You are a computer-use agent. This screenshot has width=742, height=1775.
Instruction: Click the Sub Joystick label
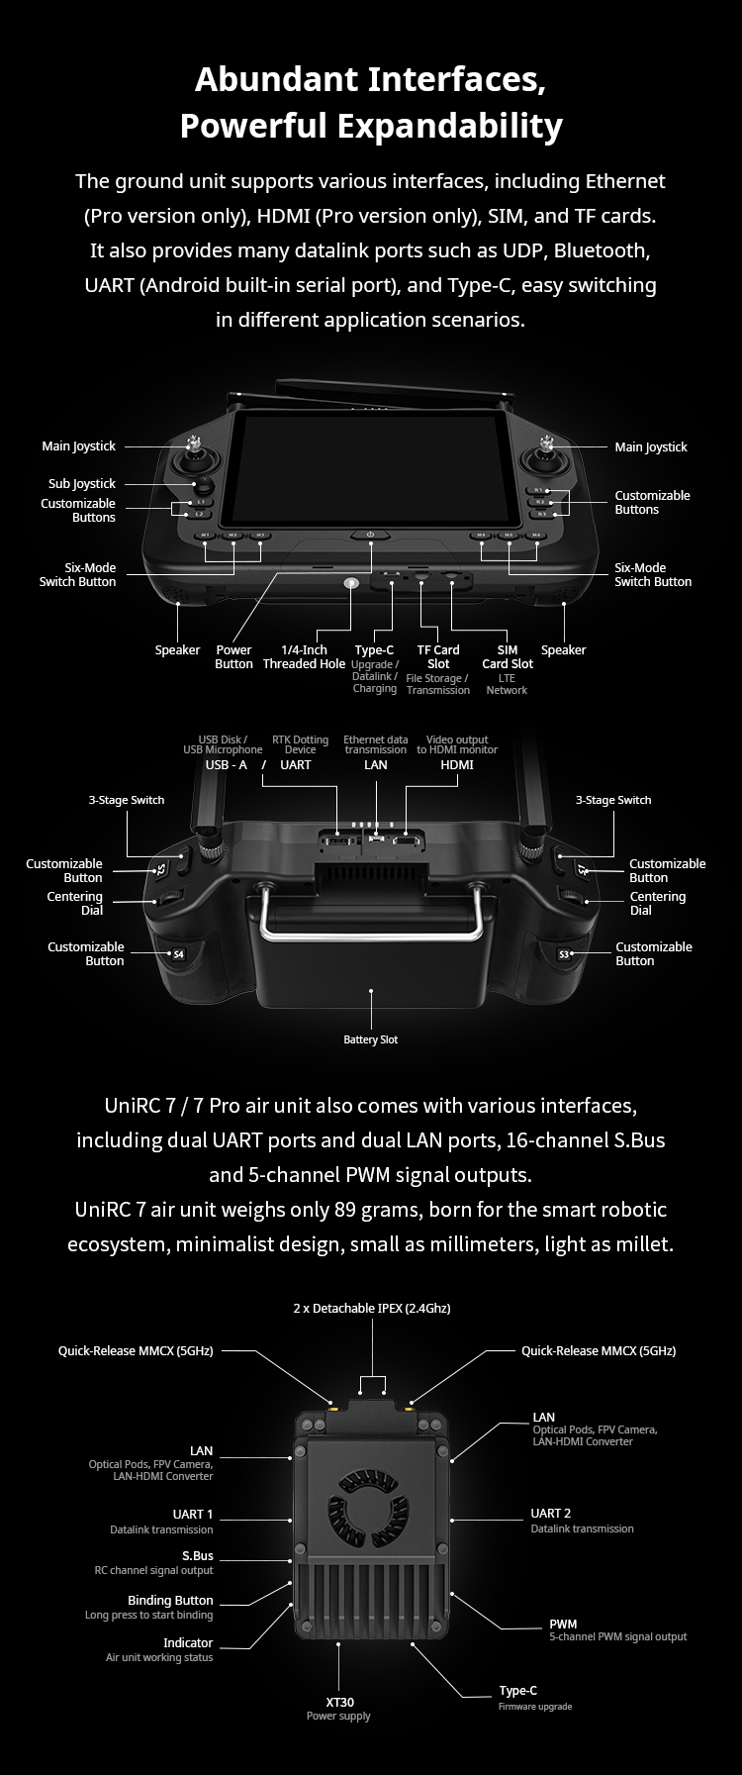82,483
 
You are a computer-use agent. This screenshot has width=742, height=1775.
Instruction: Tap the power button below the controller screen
371,535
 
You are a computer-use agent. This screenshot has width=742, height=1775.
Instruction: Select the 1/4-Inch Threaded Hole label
304,656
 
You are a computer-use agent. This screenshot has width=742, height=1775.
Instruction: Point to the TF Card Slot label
438,656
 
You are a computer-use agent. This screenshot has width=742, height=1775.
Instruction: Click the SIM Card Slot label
508,656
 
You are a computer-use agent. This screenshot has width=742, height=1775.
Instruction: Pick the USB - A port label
227,764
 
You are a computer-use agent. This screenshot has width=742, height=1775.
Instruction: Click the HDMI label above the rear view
457,764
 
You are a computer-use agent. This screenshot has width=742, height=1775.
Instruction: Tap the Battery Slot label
371,1039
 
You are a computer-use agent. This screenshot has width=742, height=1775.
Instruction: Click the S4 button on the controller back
178,954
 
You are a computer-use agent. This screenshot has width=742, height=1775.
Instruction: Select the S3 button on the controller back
565,954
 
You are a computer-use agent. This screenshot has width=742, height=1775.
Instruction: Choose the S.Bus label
197,1555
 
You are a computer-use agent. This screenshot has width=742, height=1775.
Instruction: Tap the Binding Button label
170,1600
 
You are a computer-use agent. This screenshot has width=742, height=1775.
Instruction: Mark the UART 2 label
551,1513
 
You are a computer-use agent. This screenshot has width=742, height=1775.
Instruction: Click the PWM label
563,1624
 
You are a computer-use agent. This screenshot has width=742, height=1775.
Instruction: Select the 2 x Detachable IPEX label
371,1308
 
